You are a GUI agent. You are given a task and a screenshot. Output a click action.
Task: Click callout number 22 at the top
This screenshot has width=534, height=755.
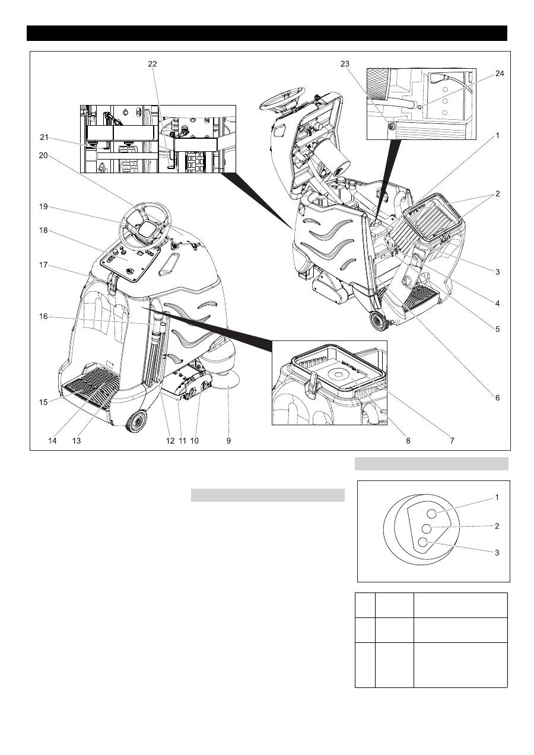(x=152, y=64)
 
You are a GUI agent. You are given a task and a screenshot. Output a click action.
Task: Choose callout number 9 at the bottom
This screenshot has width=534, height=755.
(x=228, y=441)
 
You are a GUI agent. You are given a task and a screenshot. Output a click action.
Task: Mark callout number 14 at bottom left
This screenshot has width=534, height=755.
(x=52, y=441)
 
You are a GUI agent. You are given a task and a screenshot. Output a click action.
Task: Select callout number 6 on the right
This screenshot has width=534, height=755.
(x=498, y=398)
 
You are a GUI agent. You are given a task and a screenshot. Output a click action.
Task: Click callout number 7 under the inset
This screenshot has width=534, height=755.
(x=452, y=441)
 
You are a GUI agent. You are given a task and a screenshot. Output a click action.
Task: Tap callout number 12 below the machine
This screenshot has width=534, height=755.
(x=170, y=441)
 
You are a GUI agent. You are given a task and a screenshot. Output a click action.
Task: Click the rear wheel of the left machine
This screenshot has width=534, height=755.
(x=136, y=421)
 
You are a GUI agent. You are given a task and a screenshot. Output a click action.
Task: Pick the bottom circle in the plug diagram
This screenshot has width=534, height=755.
(x=423, y=541)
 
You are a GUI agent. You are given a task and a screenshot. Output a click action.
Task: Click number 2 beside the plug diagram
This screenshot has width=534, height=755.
(x=497, y=526)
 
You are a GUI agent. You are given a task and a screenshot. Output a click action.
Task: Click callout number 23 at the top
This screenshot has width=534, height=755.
(x=345, y=64)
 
